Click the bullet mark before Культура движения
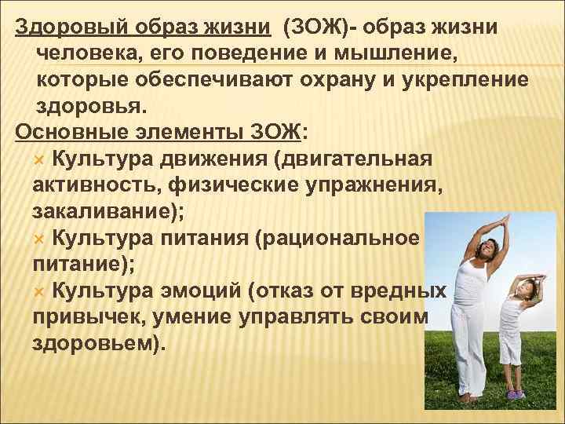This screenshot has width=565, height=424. coord(42,160)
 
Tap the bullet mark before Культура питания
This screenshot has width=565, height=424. coord(42,238)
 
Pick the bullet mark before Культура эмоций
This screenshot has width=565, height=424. coord(42,292)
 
